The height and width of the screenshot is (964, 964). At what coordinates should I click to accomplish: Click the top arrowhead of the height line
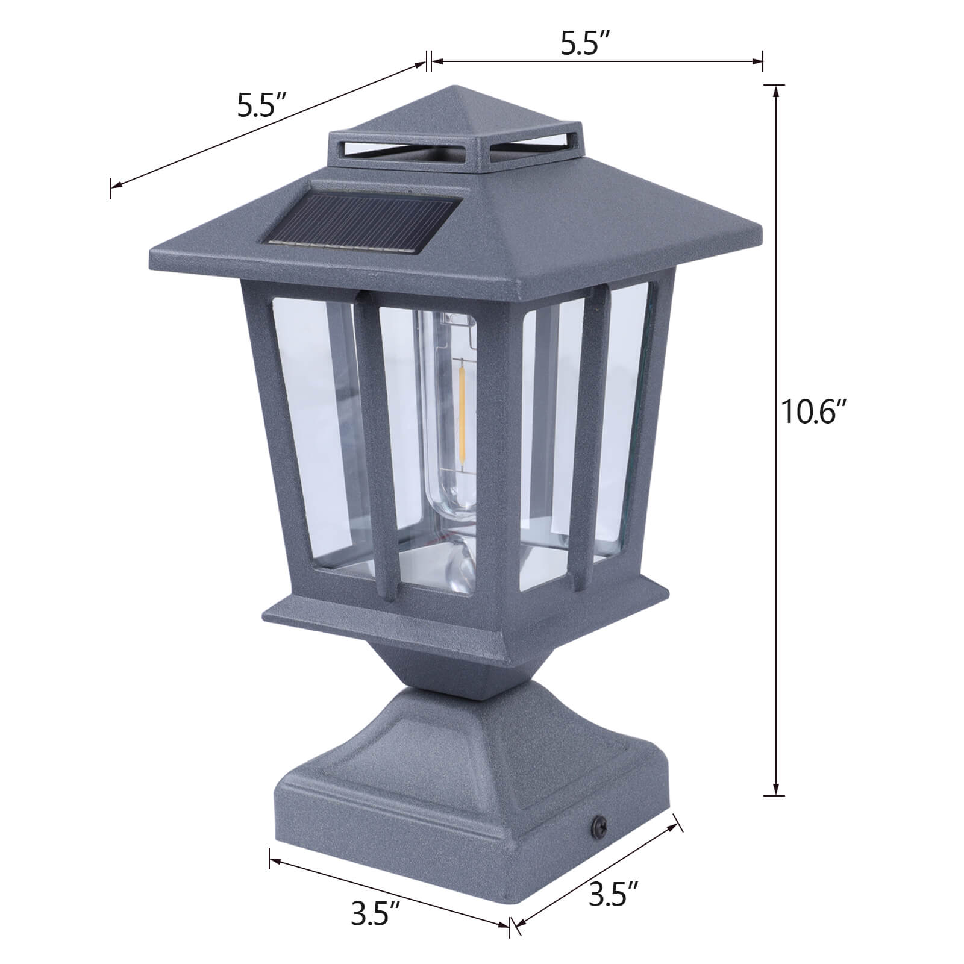tap(775, 90)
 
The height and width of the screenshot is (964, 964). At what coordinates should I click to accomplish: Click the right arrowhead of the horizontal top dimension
tap(758, 61)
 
